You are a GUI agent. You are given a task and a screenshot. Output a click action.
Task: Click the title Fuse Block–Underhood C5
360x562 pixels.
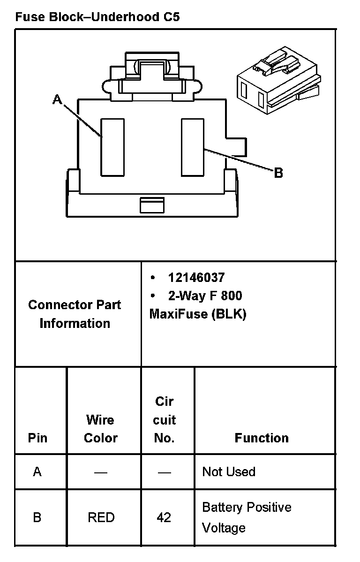tap(97, 17)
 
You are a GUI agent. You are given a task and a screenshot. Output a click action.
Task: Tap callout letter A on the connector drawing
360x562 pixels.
tap(57, 99)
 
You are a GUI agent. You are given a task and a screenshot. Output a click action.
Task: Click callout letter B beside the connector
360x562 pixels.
tap(278, 173)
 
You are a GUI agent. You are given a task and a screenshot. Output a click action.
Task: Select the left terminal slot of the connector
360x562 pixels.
tap(113, 147)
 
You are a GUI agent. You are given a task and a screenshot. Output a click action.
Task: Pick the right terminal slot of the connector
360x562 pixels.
tap(193, 147)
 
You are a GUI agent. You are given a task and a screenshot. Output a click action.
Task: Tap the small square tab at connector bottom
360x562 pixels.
tap(152, 205)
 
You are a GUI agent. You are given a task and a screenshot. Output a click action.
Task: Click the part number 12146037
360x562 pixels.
tap(196, 278)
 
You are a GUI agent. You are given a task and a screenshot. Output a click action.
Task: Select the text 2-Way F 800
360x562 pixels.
tap(205, 296)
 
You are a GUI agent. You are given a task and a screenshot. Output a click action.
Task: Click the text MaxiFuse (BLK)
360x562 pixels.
tap(197, 314)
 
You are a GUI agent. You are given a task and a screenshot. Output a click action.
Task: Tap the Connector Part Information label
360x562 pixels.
tap(75, 314)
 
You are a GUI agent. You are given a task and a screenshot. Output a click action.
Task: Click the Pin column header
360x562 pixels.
tap(37, 438)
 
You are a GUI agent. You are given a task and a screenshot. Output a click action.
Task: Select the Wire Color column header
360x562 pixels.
tap(100, 429)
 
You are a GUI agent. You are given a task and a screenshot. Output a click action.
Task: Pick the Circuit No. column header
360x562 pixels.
tap(164, 420)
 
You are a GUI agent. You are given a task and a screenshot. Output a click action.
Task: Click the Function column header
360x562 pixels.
tap(262, 438)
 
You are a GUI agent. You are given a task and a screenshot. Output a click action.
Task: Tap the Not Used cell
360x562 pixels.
tap(228, 471)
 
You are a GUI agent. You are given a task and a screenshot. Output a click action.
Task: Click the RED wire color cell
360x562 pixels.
tap(101, 517)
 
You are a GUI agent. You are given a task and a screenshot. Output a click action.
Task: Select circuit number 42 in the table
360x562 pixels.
tap(164, 517)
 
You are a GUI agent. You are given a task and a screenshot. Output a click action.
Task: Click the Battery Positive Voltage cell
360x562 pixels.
tap(247, 517)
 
